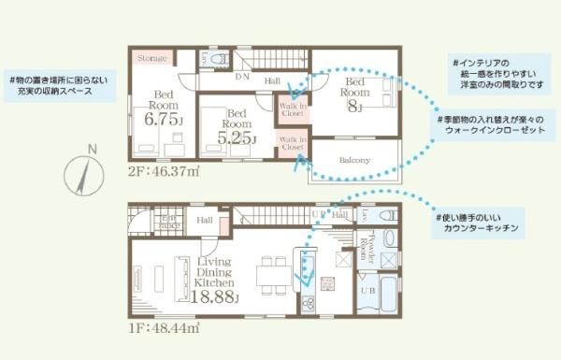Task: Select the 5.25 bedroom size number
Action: (x=234, y=137)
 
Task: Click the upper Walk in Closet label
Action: (x=293, y=110)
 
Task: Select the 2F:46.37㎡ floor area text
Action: (x=165, y=172)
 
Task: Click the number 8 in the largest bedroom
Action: (x=354, y=106)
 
